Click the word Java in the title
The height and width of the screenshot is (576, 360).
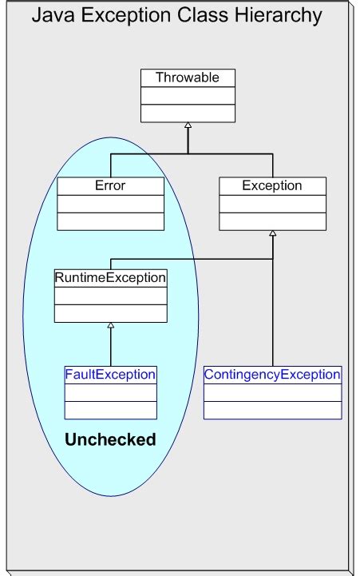coord(49,15)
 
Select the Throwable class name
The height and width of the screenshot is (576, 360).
coord(188,78)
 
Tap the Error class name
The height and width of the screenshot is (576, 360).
coord(110,185)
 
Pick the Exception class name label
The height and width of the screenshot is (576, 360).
coord(272,185)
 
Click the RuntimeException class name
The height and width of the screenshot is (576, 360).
coord(110,278)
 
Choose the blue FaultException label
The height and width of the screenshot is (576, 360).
coord(110,374)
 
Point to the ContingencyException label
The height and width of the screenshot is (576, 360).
coord(272,374)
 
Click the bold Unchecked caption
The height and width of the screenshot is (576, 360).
coord(110,439)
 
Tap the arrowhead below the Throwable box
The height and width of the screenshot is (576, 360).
coord(188,126)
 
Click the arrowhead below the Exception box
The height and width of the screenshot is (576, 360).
coord(272,234)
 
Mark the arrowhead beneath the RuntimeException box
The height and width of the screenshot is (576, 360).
coord(110,326)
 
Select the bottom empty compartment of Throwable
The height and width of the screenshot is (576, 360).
coord(188,113)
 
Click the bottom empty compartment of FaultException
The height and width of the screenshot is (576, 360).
coord(110,410)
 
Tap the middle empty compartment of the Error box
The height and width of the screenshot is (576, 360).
coord(110,203)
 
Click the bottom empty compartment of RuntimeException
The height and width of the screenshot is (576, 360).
coord(110,313)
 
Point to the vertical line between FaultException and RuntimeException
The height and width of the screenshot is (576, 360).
coord(110,348)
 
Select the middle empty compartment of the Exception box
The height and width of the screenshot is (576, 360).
coord(272,203)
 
